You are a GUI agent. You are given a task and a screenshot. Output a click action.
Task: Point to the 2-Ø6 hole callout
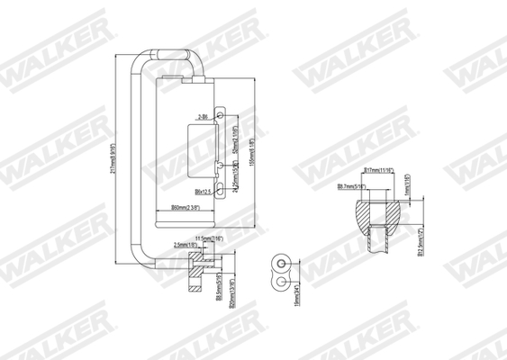(x=204, y=117)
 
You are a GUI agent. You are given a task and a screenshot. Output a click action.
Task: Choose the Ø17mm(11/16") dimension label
(x=378, y=169)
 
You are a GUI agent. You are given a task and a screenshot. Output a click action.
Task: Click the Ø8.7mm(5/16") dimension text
(x=352, y=186)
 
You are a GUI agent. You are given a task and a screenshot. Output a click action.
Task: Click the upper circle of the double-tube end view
(x=282, y=265)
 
